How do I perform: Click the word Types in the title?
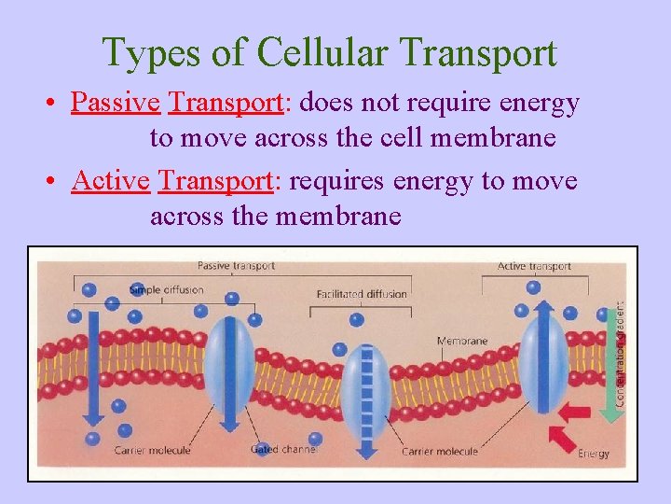pyautogui.click(x=151, y=54)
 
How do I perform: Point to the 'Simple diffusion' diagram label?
pyautogui.click(x=166, y=289)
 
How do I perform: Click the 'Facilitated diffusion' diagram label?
pyautogui.click(x=362, y=294)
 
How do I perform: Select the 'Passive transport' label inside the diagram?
pyautogui.click(x=236, y=266)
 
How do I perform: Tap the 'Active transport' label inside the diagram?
pyautogui.click(x=534, y=266)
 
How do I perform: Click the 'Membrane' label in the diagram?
pyautogui.click(x=462, y=341)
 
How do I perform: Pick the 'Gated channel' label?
pyautogui.click(x=283, y=450)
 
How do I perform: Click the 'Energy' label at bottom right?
pyautogui.click(x=594, y=454)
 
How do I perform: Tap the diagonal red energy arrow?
pyautogui.click(x=563, y=437)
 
